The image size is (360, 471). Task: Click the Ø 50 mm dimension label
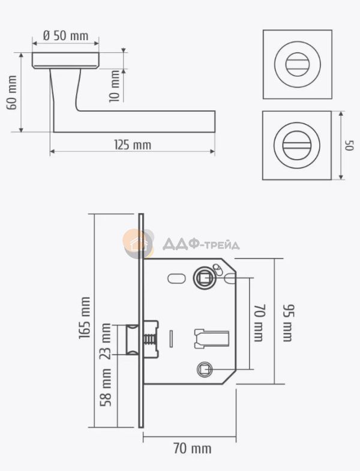click(x=65, y=35)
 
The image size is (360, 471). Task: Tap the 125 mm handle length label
click(x=133, y=145)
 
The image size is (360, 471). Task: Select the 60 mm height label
click(x=12, y=92)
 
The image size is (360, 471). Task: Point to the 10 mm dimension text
click(x=115, y=86)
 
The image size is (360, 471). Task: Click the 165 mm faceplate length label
click(x=85, y=318)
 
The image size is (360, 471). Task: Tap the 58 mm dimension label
click(x=106, y=388)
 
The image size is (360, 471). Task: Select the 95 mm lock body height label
click(x=288, y=323)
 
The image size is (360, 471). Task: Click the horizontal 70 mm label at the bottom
click(x=193, y=449)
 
